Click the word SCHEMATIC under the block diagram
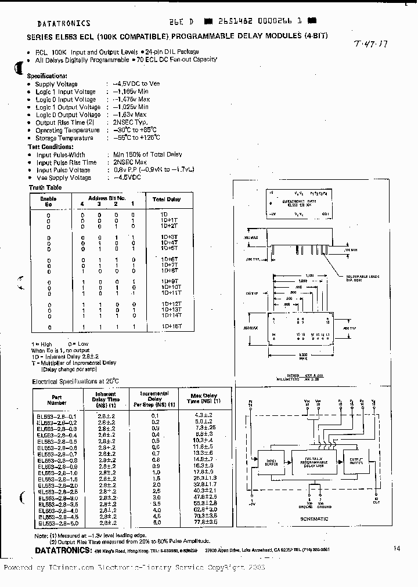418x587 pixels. point(314,519)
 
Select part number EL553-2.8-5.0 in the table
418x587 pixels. point(57,523)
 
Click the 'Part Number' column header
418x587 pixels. point(56,398)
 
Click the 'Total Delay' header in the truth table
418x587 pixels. point(166,199)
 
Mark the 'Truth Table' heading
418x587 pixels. point(45,187)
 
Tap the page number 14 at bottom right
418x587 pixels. point(397,548)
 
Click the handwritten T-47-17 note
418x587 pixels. point(372,44)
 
